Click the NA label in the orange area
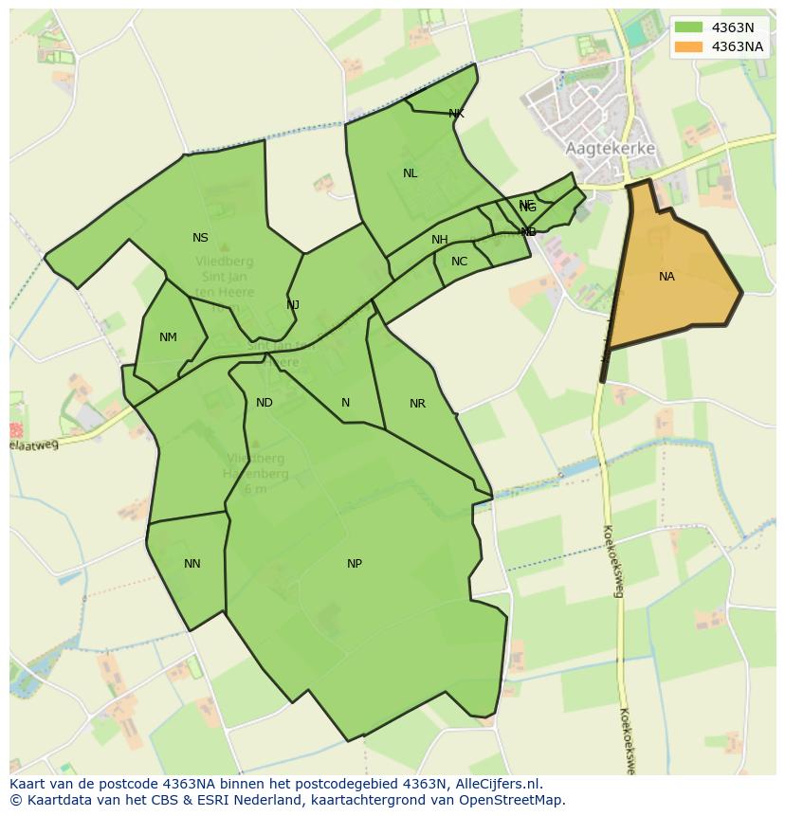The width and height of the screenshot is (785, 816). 666,277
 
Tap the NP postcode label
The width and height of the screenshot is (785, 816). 354,564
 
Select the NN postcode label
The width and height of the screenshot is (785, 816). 192,564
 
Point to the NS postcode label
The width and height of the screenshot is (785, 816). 200,238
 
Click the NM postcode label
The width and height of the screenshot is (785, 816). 168,337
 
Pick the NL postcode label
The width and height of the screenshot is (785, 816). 410,173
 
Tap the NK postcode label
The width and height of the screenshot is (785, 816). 456,114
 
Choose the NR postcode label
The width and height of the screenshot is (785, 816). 417,404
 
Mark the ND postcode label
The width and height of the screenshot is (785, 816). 265,403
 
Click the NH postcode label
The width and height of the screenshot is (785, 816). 439,240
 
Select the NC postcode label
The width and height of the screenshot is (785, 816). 459,262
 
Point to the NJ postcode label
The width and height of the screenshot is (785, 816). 293,305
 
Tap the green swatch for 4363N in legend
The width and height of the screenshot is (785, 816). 689,27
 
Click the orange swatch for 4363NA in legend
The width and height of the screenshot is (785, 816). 689,46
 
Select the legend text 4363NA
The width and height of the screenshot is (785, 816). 737,46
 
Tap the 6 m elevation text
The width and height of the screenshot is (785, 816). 254,489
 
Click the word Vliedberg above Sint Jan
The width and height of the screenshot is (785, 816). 224,262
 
